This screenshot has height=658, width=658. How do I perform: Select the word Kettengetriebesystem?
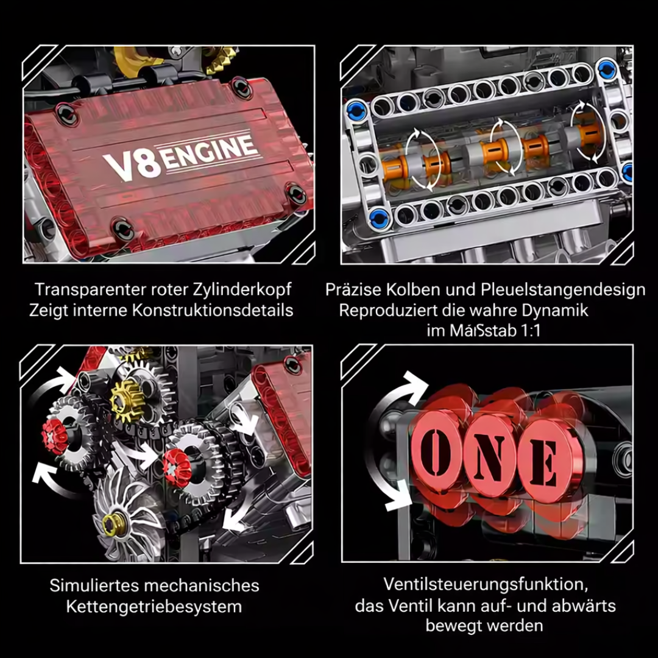[154, 607]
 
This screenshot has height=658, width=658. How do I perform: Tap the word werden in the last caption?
[514, 625]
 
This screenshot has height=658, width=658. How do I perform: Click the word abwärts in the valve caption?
[581, 605]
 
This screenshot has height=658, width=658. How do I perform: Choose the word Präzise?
[353, 289]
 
